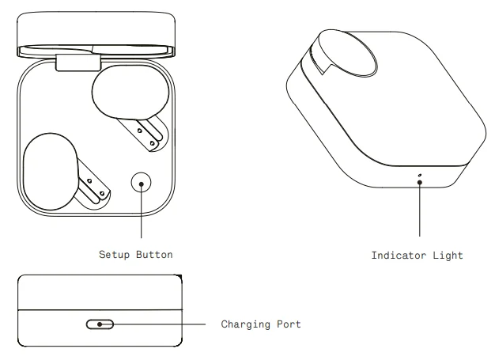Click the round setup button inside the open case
click(142, 184)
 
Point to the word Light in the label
click(447, 256)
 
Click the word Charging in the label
click(247, 324)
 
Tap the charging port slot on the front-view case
click(100, 324)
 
